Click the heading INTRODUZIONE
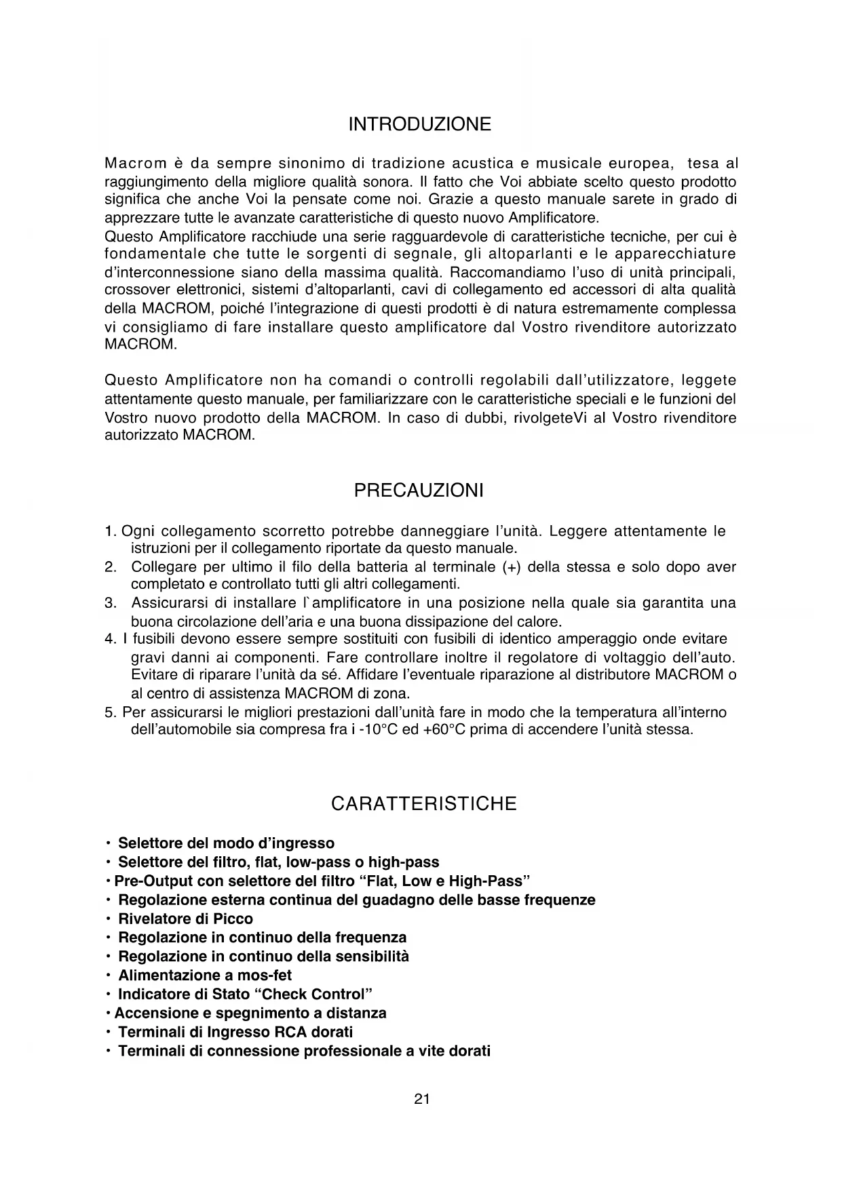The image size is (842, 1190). [419, 125]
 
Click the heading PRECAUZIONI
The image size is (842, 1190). [419, 491]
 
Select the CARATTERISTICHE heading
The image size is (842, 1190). [423, 804]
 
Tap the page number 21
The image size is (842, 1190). [421, 1100]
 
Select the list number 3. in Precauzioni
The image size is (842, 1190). [111, 603]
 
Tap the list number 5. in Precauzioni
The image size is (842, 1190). [111, 712]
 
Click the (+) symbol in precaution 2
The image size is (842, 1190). [511, 567]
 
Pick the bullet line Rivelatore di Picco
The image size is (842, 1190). [185, 919]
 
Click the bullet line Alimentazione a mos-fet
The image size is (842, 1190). [205, 976]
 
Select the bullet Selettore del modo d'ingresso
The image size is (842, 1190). [226, 843]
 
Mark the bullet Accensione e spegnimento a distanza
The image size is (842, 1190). [250, 1013]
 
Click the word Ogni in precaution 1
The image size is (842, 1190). [138, 531]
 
